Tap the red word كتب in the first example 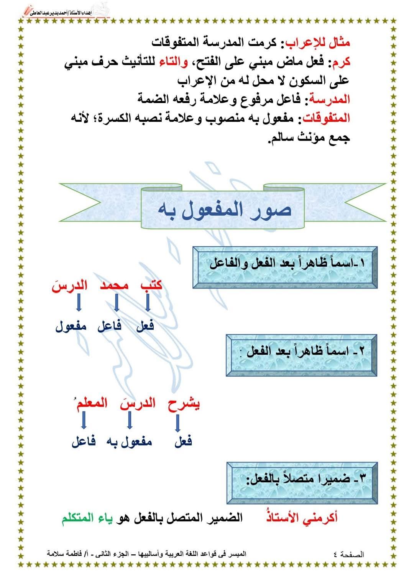tap(151, 285)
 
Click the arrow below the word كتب tap(148, 303)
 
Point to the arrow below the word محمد tap(117, 303)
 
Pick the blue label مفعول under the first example tap(71, 326)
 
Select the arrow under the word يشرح tap(177, 423)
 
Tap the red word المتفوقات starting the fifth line tap(327, 118)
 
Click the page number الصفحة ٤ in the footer tap(349, 554)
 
